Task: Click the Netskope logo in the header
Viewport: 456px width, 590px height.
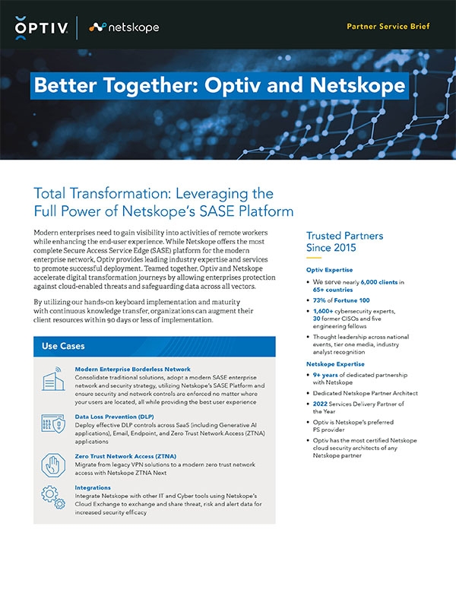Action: pyautogui.click(x=123, y=27)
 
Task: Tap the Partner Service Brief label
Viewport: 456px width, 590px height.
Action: pyautogui.click(x=388, y=27)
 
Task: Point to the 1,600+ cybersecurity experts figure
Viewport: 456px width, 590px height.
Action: pyautogui.click(x=325, y=312)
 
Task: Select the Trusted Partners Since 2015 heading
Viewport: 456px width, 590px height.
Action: pyautogui.click(x=344, y=242)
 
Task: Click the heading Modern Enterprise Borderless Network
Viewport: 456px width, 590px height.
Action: pyautogui.click(x=132, y=369)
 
